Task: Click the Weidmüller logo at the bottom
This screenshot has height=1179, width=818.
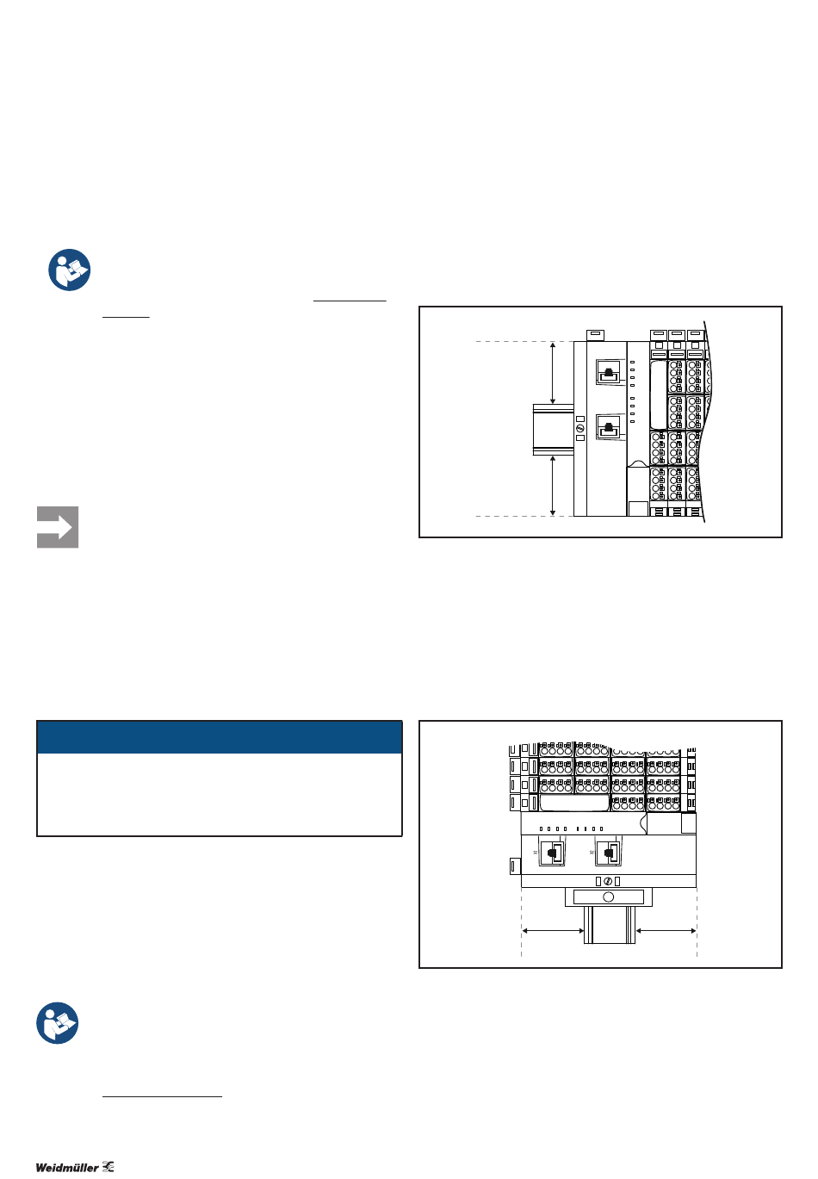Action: coord(75,1167)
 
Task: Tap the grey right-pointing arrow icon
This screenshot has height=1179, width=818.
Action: coord(58,527)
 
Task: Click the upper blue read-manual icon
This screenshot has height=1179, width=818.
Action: coord(70,270)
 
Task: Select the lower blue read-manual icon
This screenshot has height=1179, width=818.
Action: coord(58,1022)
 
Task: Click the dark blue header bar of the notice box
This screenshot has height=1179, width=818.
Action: coord(220,737)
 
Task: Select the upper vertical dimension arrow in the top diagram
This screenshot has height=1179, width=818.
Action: coord(553,373)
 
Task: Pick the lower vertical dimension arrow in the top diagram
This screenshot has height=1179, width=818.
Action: coord(553,486)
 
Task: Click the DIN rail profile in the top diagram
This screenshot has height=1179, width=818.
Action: coord(554,430)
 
